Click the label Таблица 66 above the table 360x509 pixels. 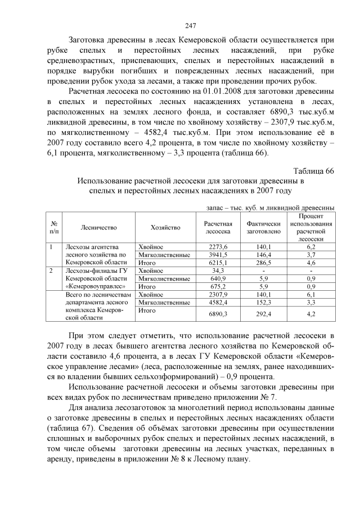314,171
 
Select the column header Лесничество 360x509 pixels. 98,227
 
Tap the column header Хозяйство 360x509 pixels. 165,227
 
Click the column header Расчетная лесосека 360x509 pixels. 218,227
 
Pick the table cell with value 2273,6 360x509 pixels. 218,247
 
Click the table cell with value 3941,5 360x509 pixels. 218,255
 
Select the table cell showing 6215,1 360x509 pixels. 218,263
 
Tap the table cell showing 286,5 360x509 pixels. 263,263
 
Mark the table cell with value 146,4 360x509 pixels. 263,255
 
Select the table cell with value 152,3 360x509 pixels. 263,302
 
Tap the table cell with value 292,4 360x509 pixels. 263,314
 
